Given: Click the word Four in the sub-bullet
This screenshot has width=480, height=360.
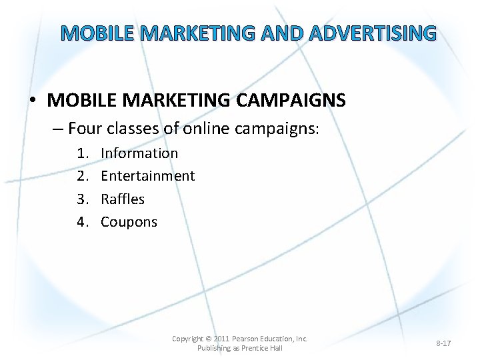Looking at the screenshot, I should pos(85,127).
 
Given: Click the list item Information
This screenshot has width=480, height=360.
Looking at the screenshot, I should pos(139,153).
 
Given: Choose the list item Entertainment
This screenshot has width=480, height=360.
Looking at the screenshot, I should pos(147,176).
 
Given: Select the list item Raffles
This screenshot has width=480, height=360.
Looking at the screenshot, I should pos(123,199).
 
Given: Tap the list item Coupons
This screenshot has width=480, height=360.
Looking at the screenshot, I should pos(129,222).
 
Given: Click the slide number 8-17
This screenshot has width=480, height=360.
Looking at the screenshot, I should pos(443,343).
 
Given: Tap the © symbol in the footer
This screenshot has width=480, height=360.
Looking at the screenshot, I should pos(207,339).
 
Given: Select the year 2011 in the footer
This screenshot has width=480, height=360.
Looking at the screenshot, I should pos(221,339).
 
